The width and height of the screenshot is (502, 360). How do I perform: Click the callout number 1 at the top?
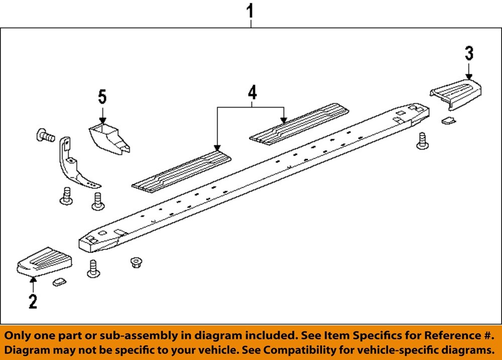coord(251,11)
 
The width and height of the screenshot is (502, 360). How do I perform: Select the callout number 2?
coord(33,302)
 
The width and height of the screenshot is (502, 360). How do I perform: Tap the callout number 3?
coord(469,53)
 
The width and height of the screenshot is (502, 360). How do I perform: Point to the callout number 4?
coord(252,92)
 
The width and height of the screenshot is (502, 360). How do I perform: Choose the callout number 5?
coord(102,95)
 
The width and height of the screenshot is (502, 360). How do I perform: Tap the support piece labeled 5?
coord(109,138)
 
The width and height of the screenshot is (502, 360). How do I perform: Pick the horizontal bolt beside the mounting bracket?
coord(45,135)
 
